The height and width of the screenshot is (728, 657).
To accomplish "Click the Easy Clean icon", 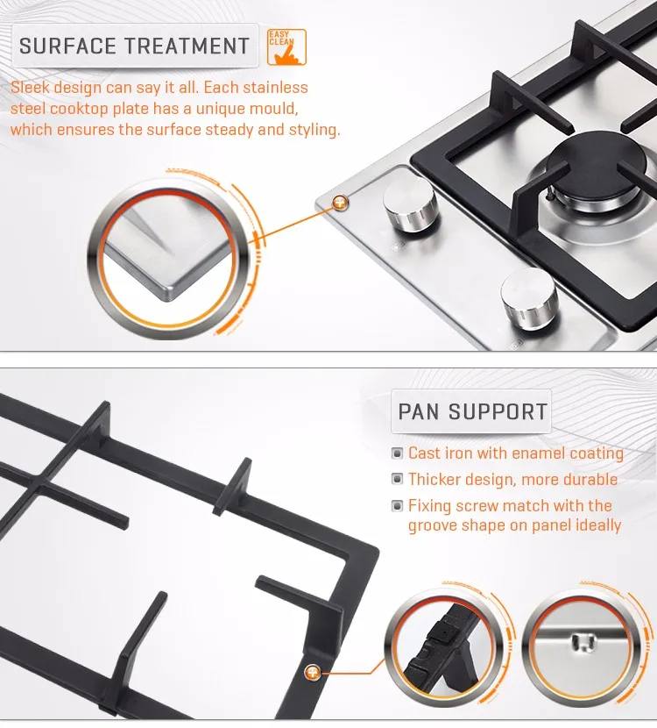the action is click(x=286, y=46).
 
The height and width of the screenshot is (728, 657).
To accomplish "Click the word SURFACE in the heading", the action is click(x=67, y=46).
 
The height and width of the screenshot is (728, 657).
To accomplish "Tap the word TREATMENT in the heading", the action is click(x=187, y=46).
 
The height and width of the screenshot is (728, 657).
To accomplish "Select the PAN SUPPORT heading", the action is click(x=472, y=412).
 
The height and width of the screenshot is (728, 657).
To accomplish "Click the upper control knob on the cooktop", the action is click(x=410, y=204).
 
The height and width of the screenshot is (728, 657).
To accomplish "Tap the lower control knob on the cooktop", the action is click(x=529, y=298).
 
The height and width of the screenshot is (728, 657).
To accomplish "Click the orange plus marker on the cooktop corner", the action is click(x=340, y=203).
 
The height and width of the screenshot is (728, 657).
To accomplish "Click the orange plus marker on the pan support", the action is click(x=313, y=672).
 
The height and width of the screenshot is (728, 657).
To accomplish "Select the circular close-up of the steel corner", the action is click(x=168, y=259).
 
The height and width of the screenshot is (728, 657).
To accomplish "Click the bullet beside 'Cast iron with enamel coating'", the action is click(x=397, y=453).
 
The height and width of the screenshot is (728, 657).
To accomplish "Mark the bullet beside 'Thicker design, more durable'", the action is click(x=397, y=479).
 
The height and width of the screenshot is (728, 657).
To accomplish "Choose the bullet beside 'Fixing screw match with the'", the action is click(x=397, y=505).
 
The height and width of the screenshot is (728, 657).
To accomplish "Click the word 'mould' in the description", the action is click(x=273, y=108).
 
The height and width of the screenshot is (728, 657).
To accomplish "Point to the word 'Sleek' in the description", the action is click(x=30, y=88).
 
